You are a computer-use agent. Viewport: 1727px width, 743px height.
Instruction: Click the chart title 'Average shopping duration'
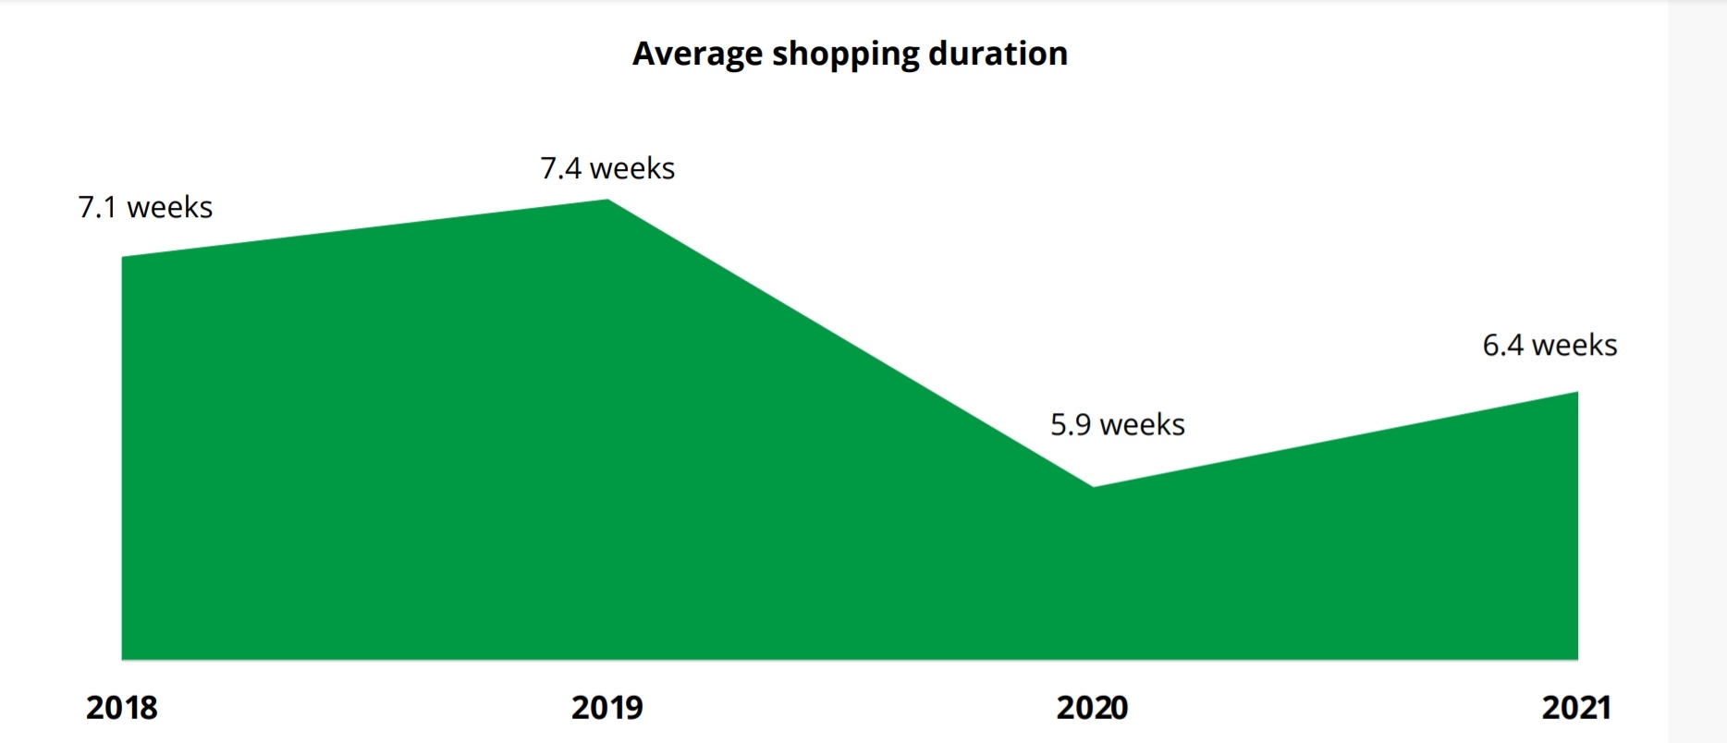pos(850,54)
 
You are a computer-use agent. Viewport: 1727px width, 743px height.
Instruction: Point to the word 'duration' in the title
pos(998,54)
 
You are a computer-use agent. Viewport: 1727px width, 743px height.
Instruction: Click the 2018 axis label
pos(122,708)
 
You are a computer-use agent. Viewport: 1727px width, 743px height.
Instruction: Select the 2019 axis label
pos(606,708)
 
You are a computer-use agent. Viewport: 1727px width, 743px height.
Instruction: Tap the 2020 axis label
pos(1092,708)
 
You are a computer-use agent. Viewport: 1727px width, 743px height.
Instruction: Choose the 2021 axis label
pos(1576,708)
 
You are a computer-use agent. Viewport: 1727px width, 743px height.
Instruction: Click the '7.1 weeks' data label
pos(145,207)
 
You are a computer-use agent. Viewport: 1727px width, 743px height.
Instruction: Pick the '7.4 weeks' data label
pos(607,168)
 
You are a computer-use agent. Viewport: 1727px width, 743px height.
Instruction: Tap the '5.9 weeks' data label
pos(1117,424)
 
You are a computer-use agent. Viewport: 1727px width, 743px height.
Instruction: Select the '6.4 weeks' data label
pos(1549,345)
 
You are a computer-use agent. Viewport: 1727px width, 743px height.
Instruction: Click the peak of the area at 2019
pos(607,201)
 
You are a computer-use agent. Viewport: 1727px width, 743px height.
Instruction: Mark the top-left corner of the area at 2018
pos(123,258)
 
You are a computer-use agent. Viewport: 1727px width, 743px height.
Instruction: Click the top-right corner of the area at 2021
pos(1576,393)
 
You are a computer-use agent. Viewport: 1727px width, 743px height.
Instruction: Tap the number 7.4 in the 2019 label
pos(561,168)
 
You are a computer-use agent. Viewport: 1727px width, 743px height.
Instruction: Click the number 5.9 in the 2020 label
pos(1071,424)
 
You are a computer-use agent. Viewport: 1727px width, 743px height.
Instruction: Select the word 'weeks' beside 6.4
pos(1574,345)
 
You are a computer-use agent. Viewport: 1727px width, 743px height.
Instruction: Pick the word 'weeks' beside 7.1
pos(170,207)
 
